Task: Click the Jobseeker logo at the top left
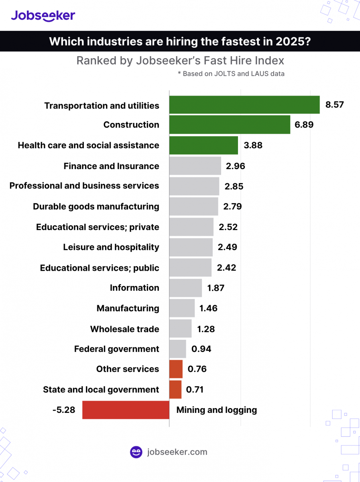[43, 15]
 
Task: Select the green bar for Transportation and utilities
[244, 105]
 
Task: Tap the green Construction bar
[229, 125]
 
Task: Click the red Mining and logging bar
[126, 410]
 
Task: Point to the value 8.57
[334, 105]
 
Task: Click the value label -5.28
[64, 410]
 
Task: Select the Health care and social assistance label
[88, 145]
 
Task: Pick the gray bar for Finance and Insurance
[195, 166]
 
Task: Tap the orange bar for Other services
[176, 369]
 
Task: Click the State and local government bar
[175, 390]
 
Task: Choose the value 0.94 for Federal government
[201, 349]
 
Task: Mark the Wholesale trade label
[124, 329]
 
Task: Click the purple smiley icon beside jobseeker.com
[136, 452]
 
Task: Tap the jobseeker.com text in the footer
[177, 452]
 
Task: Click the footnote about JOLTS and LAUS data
[231, 74]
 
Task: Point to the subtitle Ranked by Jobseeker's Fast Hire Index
[180, 61]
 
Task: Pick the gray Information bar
[185, 288]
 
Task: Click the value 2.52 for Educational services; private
[228, 227]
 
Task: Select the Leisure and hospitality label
[111, 247]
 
